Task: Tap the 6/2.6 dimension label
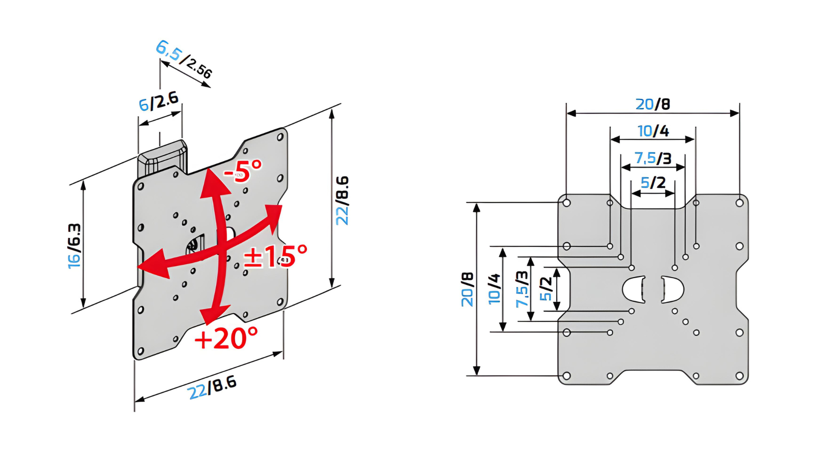pyautogui.click(x=158, y=102)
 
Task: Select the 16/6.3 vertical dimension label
pyautogui.click(x=74, y=246)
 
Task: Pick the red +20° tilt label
pyautogui.click(x=226, y=338)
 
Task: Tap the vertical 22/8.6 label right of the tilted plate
pyautogui.click(x=342, y=200)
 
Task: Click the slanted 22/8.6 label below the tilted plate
pyautogui.click(x=212, y=388)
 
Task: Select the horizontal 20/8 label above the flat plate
pyautogui.click(x=652, y=104)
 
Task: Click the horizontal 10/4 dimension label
pyautogui.click(x=653, y=131)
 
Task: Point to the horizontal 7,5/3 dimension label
pyautogui.click(x=653, y=158)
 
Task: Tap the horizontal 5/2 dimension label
pyautogui.click(x=653, y=183)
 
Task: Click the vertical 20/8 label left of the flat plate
pyautogui.click(x=467, y=289)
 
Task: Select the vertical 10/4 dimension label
pyautogui.click(x=494, y=289)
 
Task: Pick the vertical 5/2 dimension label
pyautogui.click(x=545, y=289)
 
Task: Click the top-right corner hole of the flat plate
pyautogui.click(x=739, y=203)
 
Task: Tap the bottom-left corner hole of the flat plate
pyautogui.click(x=566, y=376)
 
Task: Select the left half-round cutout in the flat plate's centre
pyautogui.click(x=634, y=289)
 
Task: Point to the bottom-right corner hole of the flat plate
pyautogui.click(x=739, y=376)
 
